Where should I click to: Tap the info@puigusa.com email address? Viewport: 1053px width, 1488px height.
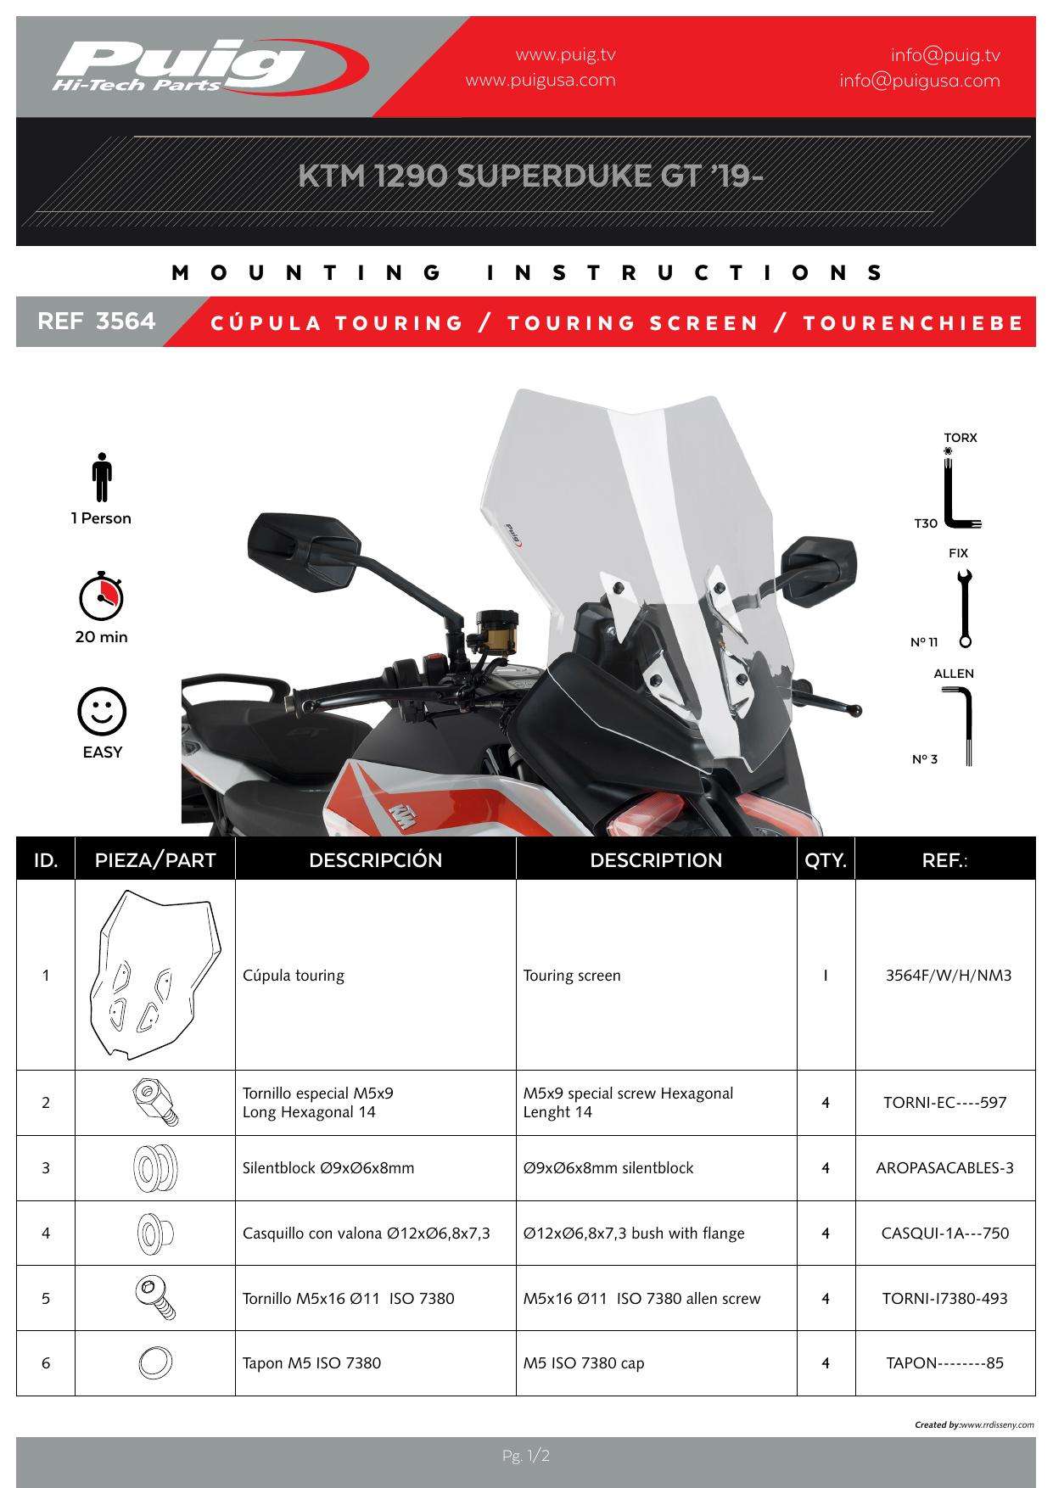(x=919, y=81)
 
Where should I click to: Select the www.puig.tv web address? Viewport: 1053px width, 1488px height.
(x=565, y=55)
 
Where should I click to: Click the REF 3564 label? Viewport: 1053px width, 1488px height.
(x=97, y=322)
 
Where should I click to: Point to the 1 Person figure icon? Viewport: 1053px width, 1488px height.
(x=102, y=477)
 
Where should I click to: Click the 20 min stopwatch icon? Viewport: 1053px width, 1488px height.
(x=101, y=596)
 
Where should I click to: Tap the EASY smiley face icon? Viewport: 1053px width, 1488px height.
(x=102, y=711)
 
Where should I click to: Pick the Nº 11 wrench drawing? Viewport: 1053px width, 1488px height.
(x=964, y=608)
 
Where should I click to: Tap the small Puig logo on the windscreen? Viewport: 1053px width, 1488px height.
(x=512, y=534)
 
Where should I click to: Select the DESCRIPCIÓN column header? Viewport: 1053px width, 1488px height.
(x=375, y=859)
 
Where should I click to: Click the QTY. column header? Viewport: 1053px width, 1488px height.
(x=826, y=859)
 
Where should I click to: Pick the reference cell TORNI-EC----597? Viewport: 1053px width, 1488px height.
(x=944, y=1103)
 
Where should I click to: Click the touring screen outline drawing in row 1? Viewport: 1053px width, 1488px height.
(x=154, y=974)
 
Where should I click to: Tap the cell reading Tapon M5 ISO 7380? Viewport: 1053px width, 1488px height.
(x=311, y=1363)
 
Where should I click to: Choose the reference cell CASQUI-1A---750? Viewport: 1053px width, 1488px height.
(x=944, y=1233)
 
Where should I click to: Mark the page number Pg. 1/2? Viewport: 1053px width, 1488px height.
(x=526, y=1456)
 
